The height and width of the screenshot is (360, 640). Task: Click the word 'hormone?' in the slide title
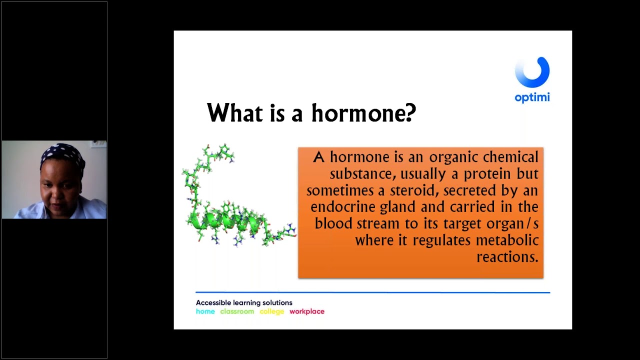click(x=363, y=113)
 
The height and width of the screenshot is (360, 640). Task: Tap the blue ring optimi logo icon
click(x=532, y=72)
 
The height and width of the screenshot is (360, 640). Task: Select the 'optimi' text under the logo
click(x=532, y=97)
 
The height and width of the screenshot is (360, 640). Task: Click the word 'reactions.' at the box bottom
click(x=507, y=256)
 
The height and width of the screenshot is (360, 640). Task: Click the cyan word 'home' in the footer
click(x=205, y=311)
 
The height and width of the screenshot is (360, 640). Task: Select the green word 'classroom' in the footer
click(x=237, y=311)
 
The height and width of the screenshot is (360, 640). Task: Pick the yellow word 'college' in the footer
click(x=271, y=311)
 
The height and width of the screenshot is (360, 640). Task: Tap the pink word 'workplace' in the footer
click(x=307, y=311)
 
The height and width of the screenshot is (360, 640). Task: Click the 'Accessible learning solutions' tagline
click(x=244, y=302)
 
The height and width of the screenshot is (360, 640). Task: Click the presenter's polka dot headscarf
click(x=62, y=153)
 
